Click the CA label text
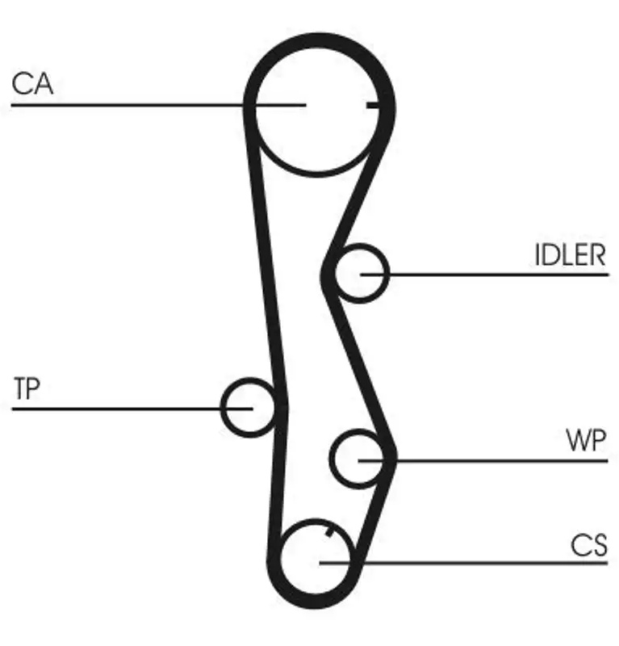[x=32, y=84]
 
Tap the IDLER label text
[x=571, y=255]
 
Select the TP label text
[x=27, y=388]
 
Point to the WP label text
[x=586, y=440]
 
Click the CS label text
[x=589, y=545]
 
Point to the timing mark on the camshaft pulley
[x=372, y=105]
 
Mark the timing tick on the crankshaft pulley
[x=330, y=531]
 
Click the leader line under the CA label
[x=158, y=105]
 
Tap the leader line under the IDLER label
[x=484, y=274]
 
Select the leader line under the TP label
[x=132, y=409]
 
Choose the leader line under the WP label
[x=483, y=460]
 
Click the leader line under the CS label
[x=463, y=562]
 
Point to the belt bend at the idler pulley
[x=328, y=274]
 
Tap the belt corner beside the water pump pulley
[x=389, y=455]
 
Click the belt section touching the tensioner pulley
[x=280, y=406]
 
